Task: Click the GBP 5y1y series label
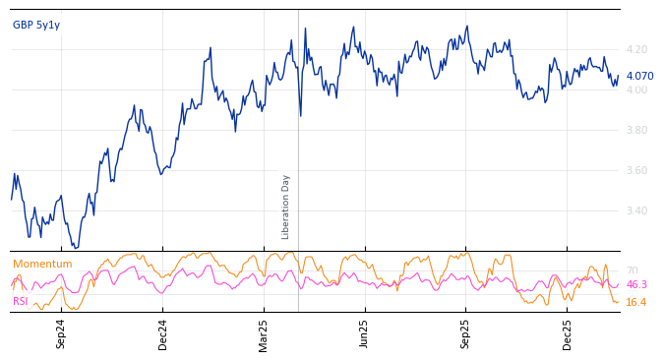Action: tap(36, 25)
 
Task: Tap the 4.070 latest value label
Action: tap(639, 76)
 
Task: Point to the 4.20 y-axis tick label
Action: tap(636, 49)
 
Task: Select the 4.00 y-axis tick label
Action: tap(636, 90)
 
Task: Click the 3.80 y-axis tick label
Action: tap(636, 130)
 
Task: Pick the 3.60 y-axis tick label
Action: tap(636, 170)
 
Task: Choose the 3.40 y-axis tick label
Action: tap(636, 210)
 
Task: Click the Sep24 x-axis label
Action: tap(61, 333)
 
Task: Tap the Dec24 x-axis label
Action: tap(163, 333)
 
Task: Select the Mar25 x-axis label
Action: tap(264, 333)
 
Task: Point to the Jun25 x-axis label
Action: tap(364, 333)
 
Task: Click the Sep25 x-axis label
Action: tap(466, 333)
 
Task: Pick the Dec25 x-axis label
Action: tap(568, 333)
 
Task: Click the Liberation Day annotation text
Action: tap(286, 207)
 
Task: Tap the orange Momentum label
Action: tap(42, 264)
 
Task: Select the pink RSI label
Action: tap(21, 301)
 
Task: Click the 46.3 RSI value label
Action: tap(636, 284)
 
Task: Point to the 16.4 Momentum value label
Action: tap(636, 302)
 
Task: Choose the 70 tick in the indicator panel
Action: tap(632, 270)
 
